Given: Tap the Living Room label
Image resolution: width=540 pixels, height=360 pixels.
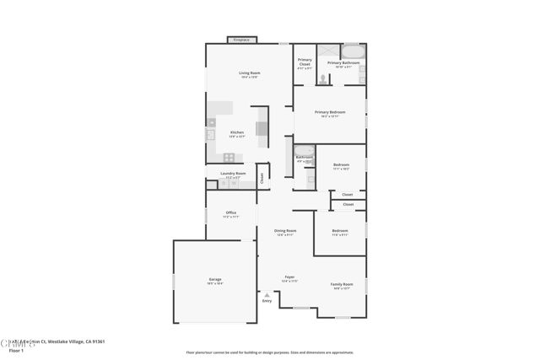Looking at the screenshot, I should click(249, 74).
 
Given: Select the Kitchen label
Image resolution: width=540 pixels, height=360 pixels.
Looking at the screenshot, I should click(237, 132).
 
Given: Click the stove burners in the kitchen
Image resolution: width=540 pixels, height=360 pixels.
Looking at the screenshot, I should click(228, 158).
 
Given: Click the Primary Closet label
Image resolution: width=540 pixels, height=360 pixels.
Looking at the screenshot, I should click(305, 63).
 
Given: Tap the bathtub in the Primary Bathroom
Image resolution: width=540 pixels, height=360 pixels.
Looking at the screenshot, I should click(352, 51).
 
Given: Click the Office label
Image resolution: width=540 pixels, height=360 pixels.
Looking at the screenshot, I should click(230, 213).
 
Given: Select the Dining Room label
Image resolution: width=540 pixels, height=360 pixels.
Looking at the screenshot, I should click(285, 232).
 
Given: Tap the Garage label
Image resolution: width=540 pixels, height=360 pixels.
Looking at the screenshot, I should click(215, 280).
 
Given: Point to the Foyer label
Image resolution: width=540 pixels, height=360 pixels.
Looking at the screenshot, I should click(289, 277).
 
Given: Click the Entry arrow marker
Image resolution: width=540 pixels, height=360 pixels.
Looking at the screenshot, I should click(267, 296).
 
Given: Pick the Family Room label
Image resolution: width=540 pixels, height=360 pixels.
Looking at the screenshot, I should click(341, 285).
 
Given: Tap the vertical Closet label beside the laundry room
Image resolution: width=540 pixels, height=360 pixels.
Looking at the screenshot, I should click(262, 177).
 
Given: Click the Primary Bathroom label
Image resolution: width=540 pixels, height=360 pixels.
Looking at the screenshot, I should click(344, 63).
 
